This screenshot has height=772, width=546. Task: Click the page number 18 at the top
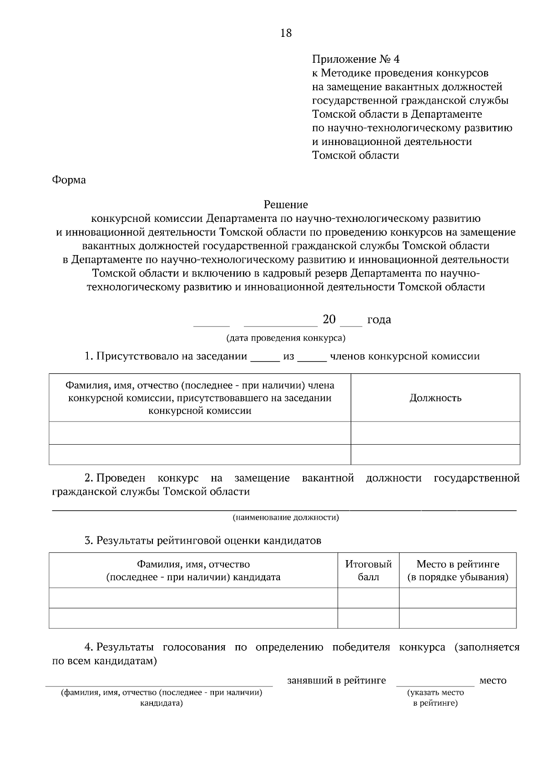tap(286, 33)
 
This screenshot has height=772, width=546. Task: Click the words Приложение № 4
tap(355, 60)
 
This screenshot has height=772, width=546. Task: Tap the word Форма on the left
tap(69, 180)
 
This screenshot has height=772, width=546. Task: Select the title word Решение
tap(286, 205)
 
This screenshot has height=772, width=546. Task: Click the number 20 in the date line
tap(329, 320)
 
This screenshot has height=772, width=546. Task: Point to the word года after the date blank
tap(379, 320)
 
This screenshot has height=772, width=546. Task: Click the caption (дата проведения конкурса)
tap(286, 338)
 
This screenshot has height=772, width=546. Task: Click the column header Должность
tap(435, 398)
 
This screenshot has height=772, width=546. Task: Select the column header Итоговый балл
tap(369, 571)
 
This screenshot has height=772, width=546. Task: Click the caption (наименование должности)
tap(286, 517)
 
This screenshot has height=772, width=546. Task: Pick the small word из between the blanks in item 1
tap(289, 356)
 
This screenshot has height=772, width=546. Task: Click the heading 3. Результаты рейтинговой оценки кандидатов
tap(203, 541)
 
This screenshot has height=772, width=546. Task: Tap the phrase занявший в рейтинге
tap(337, 681)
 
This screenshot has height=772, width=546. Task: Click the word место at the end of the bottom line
tap(493, 681)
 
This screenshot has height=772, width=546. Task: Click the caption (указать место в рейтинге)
tap(435, 698)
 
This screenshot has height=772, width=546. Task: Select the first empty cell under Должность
tap(435, 433)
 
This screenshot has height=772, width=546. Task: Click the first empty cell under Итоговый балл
tap(369, 598)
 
